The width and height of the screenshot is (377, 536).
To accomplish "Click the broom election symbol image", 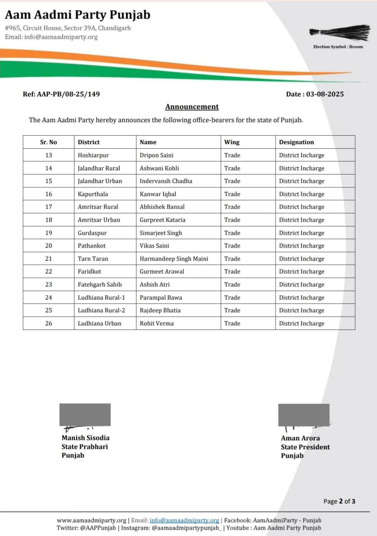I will point(340,33).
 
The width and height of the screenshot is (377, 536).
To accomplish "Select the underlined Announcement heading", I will point(192,107).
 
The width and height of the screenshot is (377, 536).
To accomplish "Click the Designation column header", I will point(296,142).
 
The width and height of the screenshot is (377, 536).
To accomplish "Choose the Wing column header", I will point(232,142).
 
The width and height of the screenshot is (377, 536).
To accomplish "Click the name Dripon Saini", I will point(156,155).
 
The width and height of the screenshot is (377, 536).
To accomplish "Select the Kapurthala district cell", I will point(93,194).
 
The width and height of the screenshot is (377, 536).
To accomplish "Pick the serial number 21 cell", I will point(49,259).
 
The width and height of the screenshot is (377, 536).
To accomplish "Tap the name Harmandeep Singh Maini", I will point(174,259).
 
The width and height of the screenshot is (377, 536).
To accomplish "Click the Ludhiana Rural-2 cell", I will point(101,310).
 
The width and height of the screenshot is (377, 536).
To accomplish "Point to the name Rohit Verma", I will point(157,323).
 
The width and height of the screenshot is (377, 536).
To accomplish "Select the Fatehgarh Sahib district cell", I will point(100,284).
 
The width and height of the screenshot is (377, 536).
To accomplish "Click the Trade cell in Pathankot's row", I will point(232,246).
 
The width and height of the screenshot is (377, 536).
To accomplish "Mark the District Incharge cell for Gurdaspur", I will point(301,233).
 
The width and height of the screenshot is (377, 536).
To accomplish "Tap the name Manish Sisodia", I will point(85,438).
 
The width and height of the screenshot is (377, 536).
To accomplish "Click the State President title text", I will point(305,447).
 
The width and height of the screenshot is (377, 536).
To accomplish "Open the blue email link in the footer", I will point(184,520).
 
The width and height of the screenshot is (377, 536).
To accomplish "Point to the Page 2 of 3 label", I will point(339,501).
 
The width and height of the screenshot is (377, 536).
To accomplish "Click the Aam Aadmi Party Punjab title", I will point(78,15).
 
